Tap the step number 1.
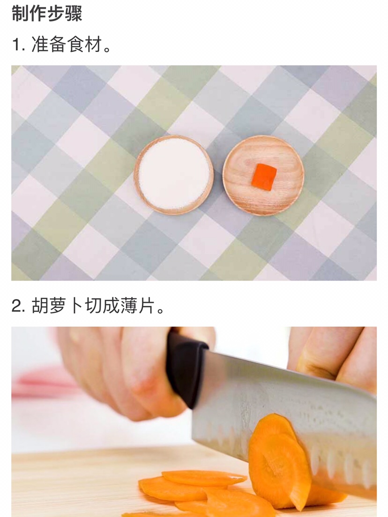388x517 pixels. click(17, 44)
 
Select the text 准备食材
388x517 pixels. click(67, 44)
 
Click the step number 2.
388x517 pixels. click(17, 306)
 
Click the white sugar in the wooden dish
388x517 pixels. click(174, 174)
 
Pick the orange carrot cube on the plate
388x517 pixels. click(264, 177)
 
